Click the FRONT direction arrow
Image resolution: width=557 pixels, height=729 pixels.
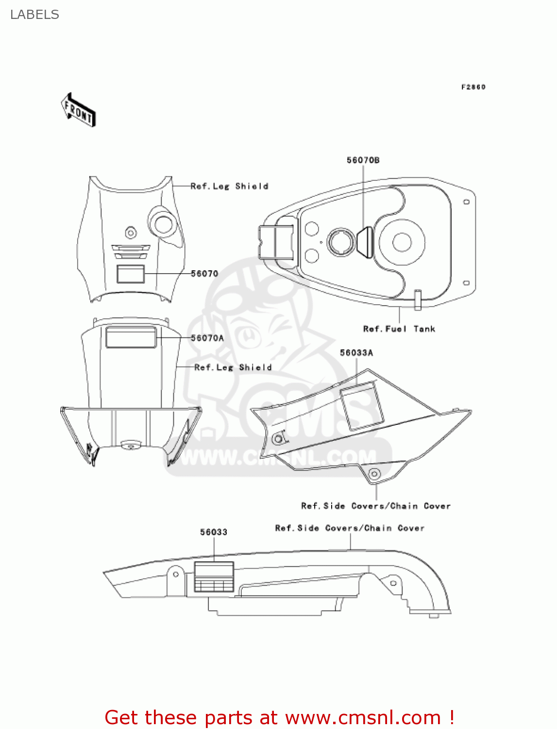tap(78, 110)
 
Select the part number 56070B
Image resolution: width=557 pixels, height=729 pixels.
tap(363, 160)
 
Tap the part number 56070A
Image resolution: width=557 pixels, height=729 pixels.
tap(207, 338)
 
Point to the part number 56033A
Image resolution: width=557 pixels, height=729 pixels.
tap(356, 353)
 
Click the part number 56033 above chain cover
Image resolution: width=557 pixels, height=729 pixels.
tap(214, 532)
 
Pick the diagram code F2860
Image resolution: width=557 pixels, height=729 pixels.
tap(473, 87)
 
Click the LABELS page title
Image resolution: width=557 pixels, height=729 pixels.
tap(34, 15)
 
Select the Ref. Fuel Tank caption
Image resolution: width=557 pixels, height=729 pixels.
tap(399, 329)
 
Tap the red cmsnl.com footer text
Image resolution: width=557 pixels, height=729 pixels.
tap(279, 717)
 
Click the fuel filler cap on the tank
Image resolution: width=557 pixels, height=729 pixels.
tap(342, 242)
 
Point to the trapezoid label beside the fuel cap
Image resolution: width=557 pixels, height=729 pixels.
tap(366, 242)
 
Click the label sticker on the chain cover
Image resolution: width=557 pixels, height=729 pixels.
tap(214, 577)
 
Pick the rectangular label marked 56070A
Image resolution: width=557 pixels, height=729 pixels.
tap(131, 337)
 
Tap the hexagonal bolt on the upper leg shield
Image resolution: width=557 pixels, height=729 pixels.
tap(130, 232)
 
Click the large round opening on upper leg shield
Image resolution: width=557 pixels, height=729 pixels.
tap(163, 224)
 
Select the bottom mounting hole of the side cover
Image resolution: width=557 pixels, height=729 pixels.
tap(374, 474)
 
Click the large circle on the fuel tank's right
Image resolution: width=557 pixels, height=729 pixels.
tap(402, 242)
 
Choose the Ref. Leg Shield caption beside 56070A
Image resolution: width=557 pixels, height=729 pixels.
tap(233, 367)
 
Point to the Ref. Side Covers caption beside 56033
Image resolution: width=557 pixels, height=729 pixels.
tap(350, 528)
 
